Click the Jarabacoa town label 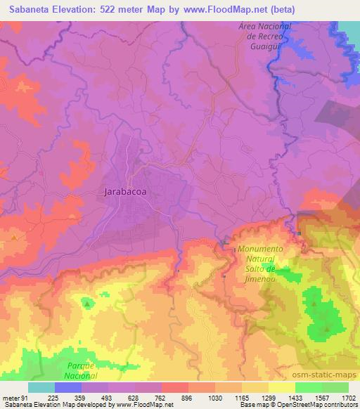(123, 190)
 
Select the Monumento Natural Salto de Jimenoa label (260, 265)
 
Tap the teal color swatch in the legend (41, 387)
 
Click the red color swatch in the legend (175, 387)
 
